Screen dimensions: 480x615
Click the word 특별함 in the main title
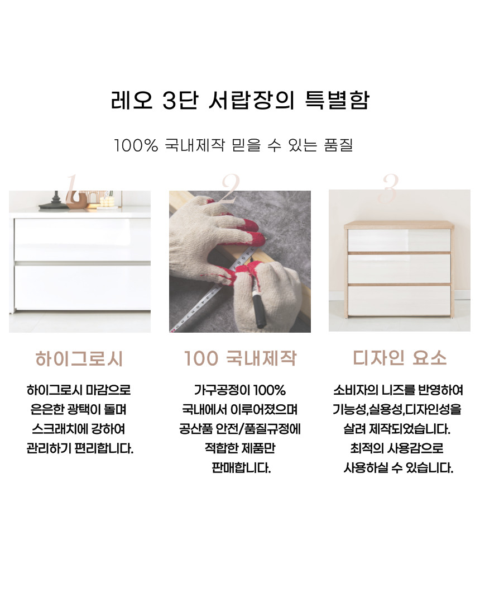point(337,100)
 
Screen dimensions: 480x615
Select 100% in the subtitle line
point(136,145)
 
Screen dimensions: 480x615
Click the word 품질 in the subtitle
point(338,145)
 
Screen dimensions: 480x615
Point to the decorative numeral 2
point(231,188)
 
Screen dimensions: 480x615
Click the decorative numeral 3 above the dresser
point(390,188)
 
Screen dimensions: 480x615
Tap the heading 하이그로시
point(79,358)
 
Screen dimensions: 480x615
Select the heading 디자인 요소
point(399,358)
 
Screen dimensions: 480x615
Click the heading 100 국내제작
point(240,358)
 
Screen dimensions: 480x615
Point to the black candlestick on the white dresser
point(55,201)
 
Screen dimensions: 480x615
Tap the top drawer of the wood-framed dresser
point(399,240)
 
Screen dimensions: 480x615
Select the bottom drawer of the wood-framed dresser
point(399,300)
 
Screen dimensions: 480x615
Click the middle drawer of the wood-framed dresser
point(399,269)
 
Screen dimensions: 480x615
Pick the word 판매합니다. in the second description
point(241,467)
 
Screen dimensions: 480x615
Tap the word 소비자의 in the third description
point(356,390)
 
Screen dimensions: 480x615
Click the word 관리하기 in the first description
point(49,448)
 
